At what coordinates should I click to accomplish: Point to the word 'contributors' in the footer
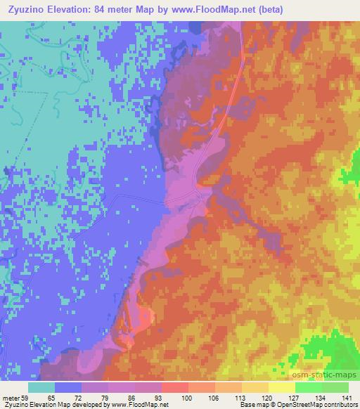pos(342,405)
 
